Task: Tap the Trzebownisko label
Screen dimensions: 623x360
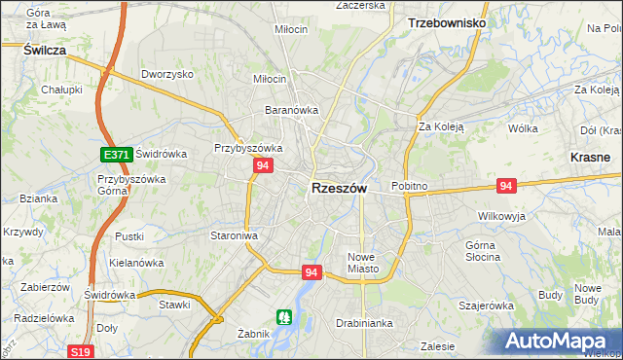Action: (x=446, y=21)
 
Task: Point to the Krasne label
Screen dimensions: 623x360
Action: (x=590, y=156)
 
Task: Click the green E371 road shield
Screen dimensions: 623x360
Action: (x=116, y=154)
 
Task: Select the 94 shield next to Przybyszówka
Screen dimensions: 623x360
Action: (x=262, y=166)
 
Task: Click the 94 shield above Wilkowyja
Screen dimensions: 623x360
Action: (x=505, y=185)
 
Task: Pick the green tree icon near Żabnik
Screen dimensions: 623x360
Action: (x=283, y=316)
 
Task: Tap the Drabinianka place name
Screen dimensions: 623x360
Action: (x=363, y=322)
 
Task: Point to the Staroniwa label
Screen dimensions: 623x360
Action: (x=234, y=235)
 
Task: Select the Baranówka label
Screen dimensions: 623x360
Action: (x=292, y=110)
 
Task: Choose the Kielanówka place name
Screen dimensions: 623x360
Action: (x=135, y=263)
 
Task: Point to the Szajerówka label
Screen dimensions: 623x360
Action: (x=486, y=306)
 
